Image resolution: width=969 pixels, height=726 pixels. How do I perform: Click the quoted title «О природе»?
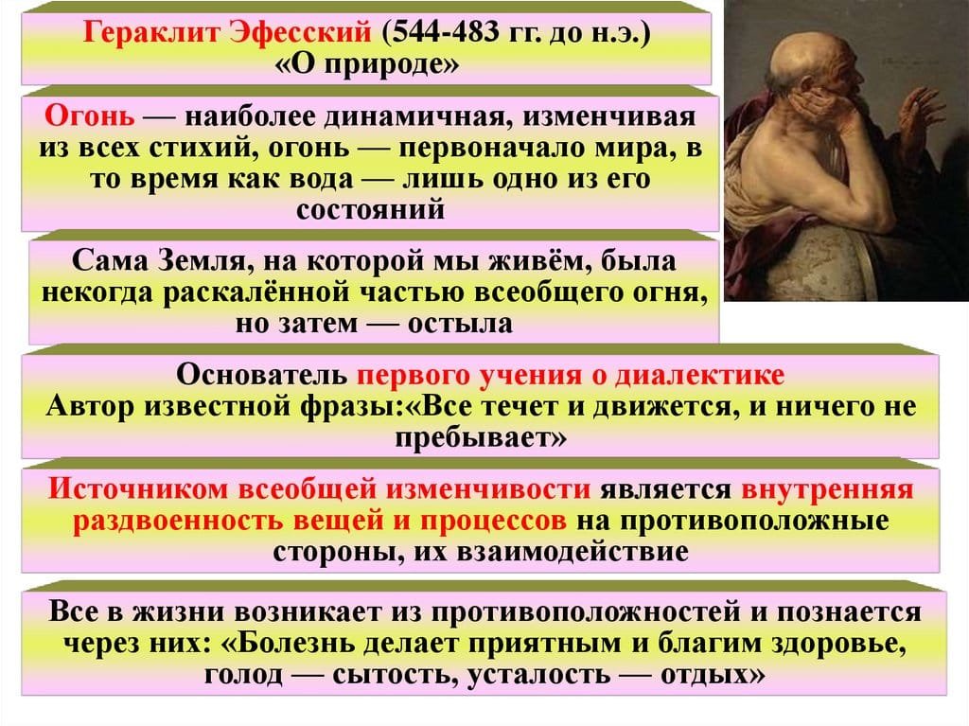pos(367,63)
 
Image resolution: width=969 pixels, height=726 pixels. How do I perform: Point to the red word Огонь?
pos(90,116)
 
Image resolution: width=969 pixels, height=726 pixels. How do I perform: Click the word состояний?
pos(370,209)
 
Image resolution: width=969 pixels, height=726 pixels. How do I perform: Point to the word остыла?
pos(461,323)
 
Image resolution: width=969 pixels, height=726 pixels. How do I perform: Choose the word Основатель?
pos(262,375)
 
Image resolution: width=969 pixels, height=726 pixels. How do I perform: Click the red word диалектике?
pos(700,375)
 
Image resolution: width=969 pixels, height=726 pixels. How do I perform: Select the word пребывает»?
pos(481,438)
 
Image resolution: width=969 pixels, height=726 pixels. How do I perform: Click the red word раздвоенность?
pos(178,521)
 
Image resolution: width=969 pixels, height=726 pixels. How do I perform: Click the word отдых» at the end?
pos(713,674)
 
